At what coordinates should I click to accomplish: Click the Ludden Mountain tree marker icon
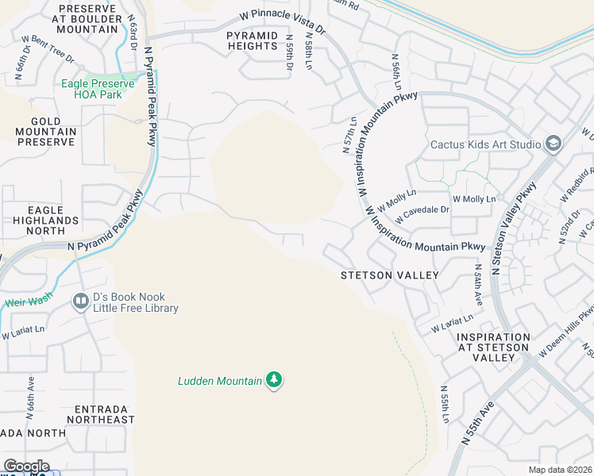(274, 380)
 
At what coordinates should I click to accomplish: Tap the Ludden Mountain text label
(219, 382)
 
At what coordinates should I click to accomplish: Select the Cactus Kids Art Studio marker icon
(553, 144)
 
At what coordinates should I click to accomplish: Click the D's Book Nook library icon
(80, 301)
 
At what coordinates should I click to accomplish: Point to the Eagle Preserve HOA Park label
(99, 87)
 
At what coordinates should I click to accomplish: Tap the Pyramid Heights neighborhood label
(253, 41)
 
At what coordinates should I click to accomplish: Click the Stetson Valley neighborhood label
(389, 275)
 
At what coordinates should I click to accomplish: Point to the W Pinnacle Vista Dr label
(284, 21)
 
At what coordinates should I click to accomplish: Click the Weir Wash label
(28, 302)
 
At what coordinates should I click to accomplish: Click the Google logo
(26, 466)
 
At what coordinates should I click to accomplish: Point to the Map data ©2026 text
(561, 470)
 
